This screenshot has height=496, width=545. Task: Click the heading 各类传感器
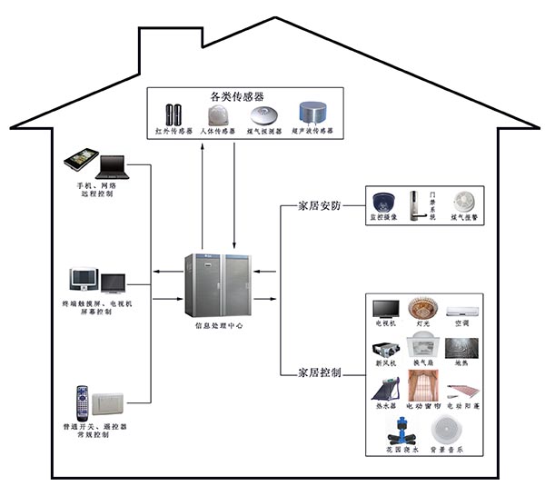pyautogui.click(x=237, y=94)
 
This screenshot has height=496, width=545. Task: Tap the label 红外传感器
pyautogui.click(x=174, y=133)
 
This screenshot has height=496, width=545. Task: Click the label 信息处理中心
pyautogui.click(x=220, y=324)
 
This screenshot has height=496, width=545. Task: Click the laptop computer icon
pyautogui.click(x=112, y=166)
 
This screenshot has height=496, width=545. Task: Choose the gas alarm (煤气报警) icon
pyautogui.click(x=464, y=201)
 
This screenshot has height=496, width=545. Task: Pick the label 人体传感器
pyautogui.click(x=219, y=133)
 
